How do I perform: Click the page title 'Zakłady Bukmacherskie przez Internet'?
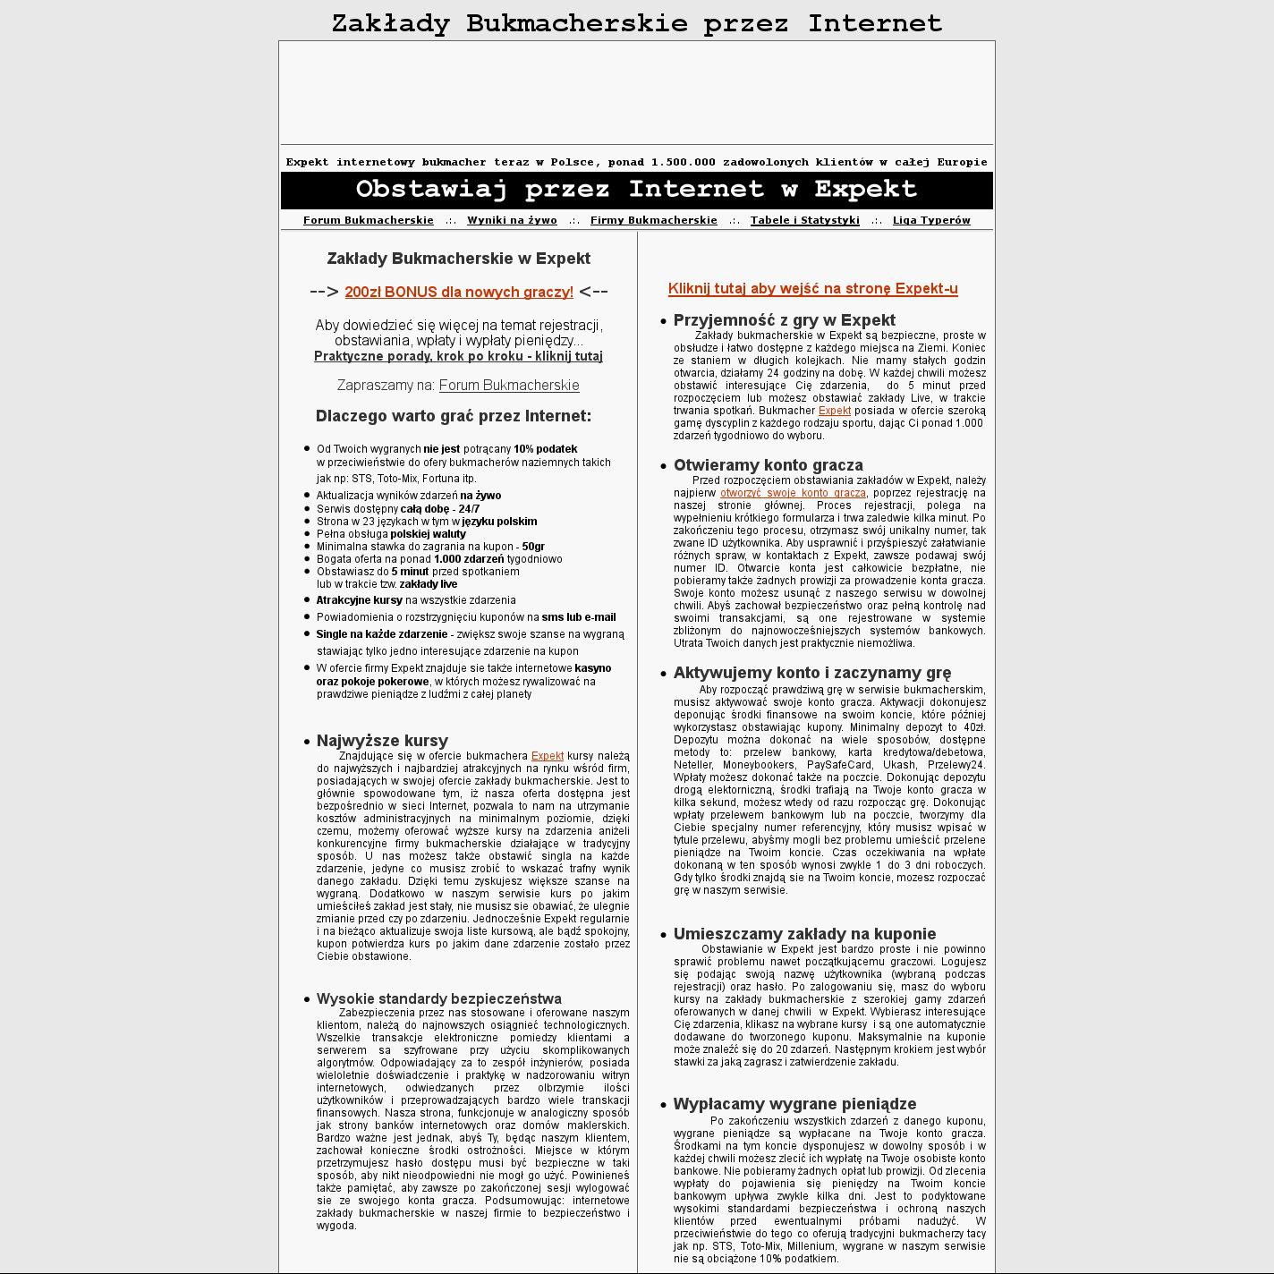point(636,23)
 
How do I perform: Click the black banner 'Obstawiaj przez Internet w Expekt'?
point(636,190)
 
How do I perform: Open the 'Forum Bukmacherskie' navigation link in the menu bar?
point(368,220)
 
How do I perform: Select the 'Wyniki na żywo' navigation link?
point(512,220)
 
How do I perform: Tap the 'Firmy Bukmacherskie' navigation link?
point(653,220)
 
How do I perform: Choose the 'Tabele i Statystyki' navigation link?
point(804,220)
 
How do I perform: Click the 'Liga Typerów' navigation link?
point(931,220)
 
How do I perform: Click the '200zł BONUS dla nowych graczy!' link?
point(459,292)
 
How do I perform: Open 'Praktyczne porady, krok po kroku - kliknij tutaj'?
point(458,356)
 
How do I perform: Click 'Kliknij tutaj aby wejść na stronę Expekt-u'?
point(812,288)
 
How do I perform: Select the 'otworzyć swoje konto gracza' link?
point(793,493)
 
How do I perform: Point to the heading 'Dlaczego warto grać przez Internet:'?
point(454,416)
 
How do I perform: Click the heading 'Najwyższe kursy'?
point(382,741)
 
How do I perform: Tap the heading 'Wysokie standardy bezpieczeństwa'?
point(438,998)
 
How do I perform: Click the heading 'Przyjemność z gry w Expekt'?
point(784,320)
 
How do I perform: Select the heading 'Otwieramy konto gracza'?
point(768,465)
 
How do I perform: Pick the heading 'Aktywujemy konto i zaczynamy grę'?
point(811,673)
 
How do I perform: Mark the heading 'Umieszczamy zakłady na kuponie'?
point(804,934)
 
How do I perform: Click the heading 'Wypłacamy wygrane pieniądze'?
point(794,1104)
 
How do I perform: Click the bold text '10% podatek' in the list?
point(545,449)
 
